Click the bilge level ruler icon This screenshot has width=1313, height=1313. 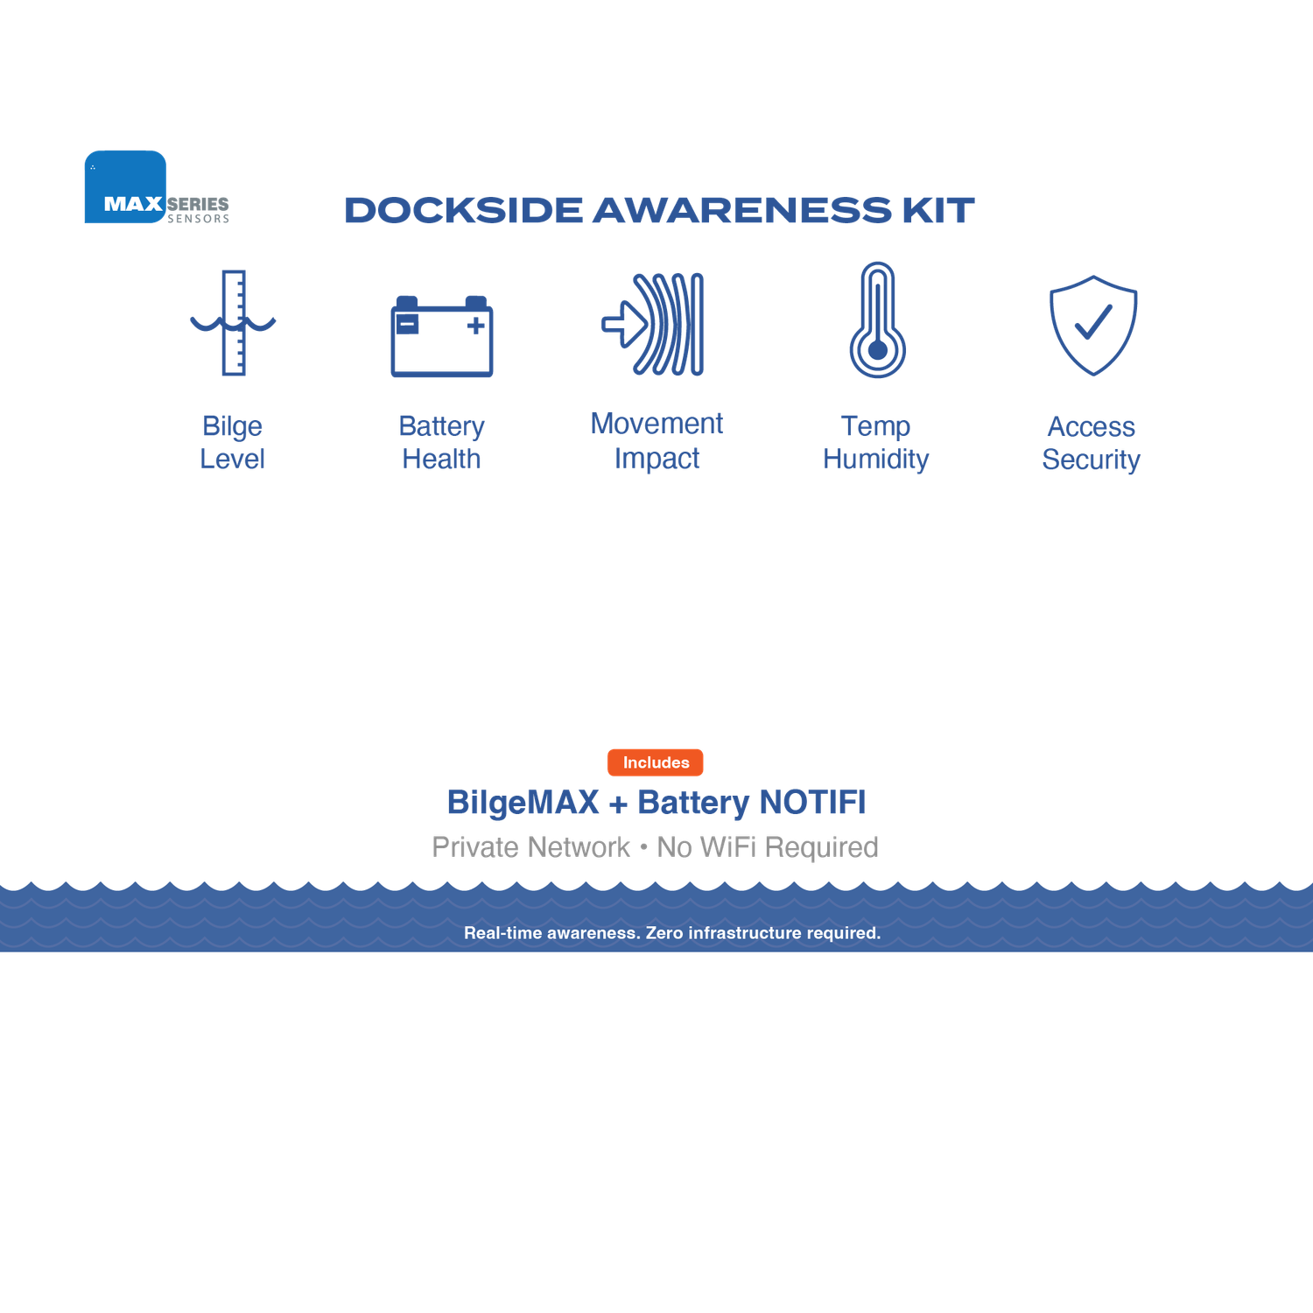click(233, 323)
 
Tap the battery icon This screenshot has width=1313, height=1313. click(442, 338)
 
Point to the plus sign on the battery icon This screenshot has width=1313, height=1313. click(475, 326)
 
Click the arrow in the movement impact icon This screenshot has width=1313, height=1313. click(622, 325)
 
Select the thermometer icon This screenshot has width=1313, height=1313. click(877, 321)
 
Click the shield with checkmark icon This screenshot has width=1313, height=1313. click(1093, 325)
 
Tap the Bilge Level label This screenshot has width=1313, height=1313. click(232, 442)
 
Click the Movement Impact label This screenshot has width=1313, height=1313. click(656, 440)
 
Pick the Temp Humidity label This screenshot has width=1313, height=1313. click(876, 442)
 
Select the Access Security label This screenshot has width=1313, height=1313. click(1091, 443)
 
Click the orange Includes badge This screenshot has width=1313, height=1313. click(656, 762)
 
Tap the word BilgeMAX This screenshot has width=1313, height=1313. click(523, 803)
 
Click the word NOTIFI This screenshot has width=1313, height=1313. click(812, 803)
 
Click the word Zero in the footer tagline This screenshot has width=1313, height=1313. click(664, 933)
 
